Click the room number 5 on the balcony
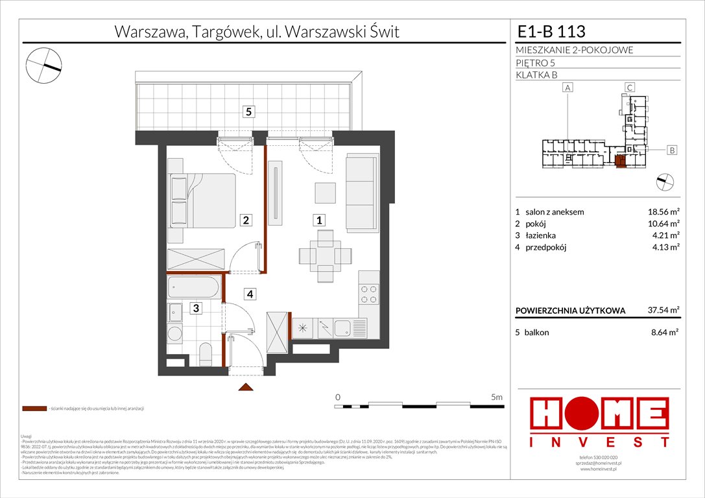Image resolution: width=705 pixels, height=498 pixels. [x=250, y=112]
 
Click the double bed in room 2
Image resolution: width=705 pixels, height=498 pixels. [x=202, y=200]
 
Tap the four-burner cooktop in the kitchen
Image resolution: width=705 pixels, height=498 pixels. [x=368, y=295]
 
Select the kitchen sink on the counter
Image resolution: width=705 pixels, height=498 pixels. [x=341, y=327]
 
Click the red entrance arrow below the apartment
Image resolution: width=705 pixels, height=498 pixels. [x=245, y=387]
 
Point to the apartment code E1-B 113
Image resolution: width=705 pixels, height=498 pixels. [x=551, y=32]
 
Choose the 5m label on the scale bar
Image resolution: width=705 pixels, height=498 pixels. [x=497, y=396]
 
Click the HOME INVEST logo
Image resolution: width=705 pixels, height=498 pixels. [x=600, y=421]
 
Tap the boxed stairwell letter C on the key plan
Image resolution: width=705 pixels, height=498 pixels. [x=629, y=88]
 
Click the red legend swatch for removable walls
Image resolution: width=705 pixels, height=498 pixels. [x=34, y=409]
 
